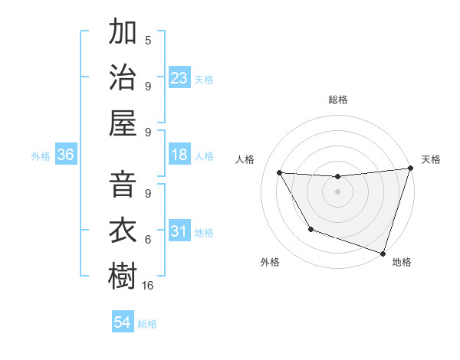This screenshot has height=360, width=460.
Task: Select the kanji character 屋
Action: (123, 122)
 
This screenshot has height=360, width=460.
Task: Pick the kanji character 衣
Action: (123, 231)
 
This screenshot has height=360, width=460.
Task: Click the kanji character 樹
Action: (123, 277)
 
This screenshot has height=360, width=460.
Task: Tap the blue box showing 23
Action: (179, 78)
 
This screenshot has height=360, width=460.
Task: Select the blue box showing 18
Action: (179, 155)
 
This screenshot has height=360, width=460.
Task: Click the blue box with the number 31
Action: (179, 232)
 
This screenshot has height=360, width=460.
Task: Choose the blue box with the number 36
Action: (66, 155)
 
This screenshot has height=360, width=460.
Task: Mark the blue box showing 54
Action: (123, 323)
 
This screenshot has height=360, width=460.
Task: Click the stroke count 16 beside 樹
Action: (148, 285)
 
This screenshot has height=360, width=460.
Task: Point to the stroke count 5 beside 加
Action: (148, 40)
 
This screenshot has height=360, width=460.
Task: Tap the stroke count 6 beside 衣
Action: (148, 240)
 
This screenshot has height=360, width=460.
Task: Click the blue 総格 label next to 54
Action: (147, 324)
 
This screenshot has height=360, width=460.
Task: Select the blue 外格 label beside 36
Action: (41, 156)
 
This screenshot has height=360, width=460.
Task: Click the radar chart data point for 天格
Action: (409, 169)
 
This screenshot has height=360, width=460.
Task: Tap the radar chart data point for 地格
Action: (383, 252)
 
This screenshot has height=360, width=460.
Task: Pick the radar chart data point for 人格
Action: (280, 173)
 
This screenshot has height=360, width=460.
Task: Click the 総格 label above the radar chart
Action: (338, 100)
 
